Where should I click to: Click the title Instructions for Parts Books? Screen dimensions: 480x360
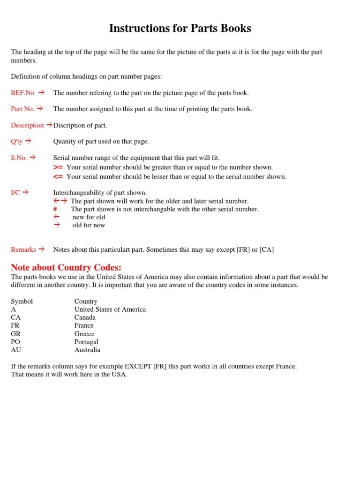180,28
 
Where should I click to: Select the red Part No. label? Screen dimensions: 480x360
23,109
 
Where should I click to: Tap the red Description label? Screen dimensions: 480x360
28,125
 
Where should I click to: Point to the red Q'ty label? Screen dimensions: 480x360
17,141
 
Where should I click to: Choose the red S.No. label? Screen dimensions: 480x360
19,157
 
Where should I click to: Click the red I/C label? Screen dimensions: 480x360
15,193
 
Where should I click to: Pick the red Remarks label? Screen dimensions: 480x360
23,249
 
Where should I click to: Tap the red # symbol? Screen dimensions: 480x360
55,209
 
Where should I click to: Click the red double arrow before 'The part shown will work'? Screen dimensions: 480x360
60,201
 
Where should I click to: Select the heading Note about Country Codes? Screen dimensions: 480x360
66,268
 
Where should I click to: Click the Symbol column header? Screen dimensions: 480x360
22,301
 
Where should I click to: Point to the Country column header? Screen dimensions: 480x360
86,301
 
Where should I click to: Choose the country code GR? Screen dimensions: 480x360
16,334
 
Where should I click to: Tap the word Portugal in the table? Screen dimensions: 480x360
86,342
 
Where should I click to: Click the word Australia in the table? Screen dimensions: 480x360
87,350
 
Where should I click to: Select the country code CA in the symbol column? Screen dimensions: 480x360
15,317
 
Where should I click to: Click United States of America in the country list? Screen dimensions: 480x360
110,309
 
